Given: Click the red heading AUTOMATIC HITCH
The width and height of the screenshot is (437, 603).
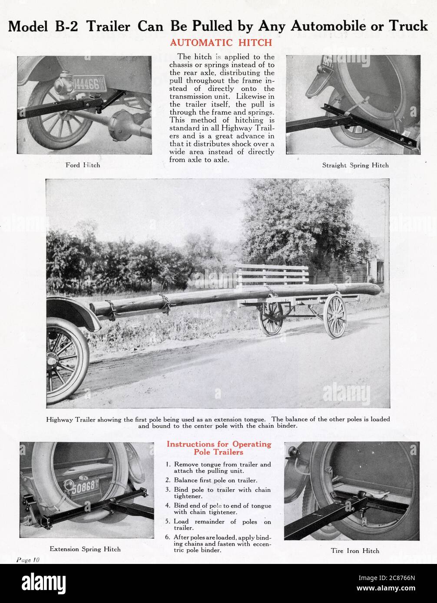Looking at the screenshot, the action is (221, 43).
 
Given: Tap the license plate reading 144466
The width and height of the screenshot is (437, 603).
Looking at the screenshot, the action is (89, 84).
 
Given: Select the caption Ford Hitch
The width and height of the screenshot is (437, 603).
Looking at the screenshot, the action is (83, 165).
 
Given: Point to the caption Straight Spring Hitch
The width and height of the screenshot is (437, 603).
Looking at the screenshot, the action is (355, 165).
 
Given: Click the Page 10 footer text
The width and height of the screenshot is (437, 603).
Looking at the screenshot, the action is (28, 560).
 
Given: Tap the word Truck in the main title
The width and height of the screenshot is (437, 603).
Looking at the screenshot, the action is (408, 26).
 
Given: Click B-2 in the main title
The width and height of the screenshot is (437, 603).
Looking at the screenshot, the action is (66, 26).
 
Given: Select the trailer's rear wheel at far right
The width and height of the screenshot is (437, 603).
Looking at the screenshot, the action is (335, 316).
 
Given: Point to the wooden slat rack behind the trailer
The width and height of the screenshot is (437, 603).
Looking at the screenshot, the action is (272, 274).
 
